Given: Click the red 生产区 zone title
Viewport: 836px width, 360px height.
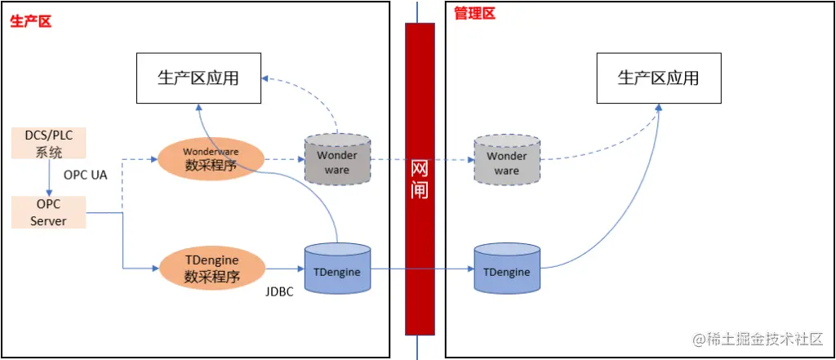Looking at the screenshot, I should pos(31,21).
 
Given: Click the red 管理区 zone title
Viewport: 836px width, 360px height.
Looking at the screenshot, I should pos(474,13).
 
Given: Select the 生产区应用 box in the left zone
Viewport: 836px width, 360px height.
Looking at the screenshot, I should pos(198,78).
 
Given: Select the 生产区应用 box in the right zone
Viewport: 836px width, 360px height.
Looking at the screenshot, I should pos(659,78).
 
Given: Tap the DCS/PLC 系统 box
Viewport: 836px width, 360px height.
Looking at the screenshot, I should pos(48,143).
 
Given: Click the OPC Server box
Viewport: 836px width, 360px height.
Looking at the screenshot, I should pos(48,212).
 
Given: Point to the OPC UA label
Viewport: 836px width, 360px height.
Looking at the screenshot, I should pos(85,175).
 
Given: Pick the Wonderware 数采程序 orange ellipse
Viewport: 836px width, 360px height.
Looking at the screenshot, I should pos(211,159).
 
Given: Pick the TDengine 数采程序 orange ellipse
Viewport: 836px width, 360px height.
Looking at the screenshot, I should pos(211,268).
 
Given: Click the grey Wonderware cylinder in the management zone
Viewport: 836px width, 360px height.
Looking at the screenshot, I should pos(506,161).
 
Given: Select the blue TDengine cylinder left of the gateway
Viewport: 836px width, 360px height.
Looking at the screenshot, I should pos(336,270).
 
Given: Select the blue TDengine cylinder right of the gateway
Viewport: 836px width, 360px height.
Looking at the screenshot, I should pos(506,270).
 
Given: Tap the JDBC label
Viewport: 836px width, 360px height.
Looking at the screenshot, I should pos(279,291).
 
